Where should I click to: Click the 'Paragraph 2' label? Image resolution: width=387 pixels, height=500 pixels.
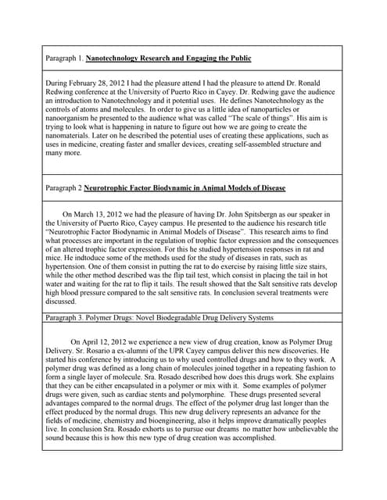(x=62, y=188)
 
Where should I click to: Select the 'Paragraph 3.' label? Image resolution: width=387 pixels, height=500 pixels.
(x=63, y=317)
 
